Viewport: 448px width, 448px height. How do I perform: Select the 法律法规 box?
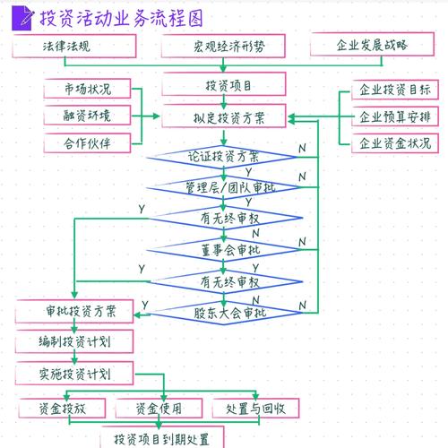click(78, 45)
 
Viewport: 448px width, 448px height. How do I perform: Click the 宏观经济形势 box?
click(223, 45)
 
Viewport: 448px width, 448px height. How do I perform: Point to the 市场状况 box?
click(87, 89)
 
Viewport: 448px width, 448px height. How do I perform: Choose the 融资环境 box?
click(87, 115)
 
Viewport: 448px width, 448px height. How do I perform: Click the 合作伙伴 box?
click(87, 141)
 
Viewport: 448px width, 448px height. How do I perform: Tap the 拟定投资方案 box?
click(223, 116)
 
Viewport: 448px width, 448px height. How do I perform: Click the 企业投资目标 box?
click(393, 90)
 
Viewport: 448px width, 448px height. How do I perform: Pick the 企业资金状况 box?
click(393, 142)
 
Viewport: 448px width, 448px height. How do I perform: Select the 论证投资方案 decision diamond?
click(223, 156)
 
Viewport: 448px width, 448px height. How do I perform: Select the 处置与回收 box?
click(255, 408)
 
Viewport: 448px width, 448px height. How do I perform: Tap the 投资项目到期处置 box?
click(162, 438)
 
